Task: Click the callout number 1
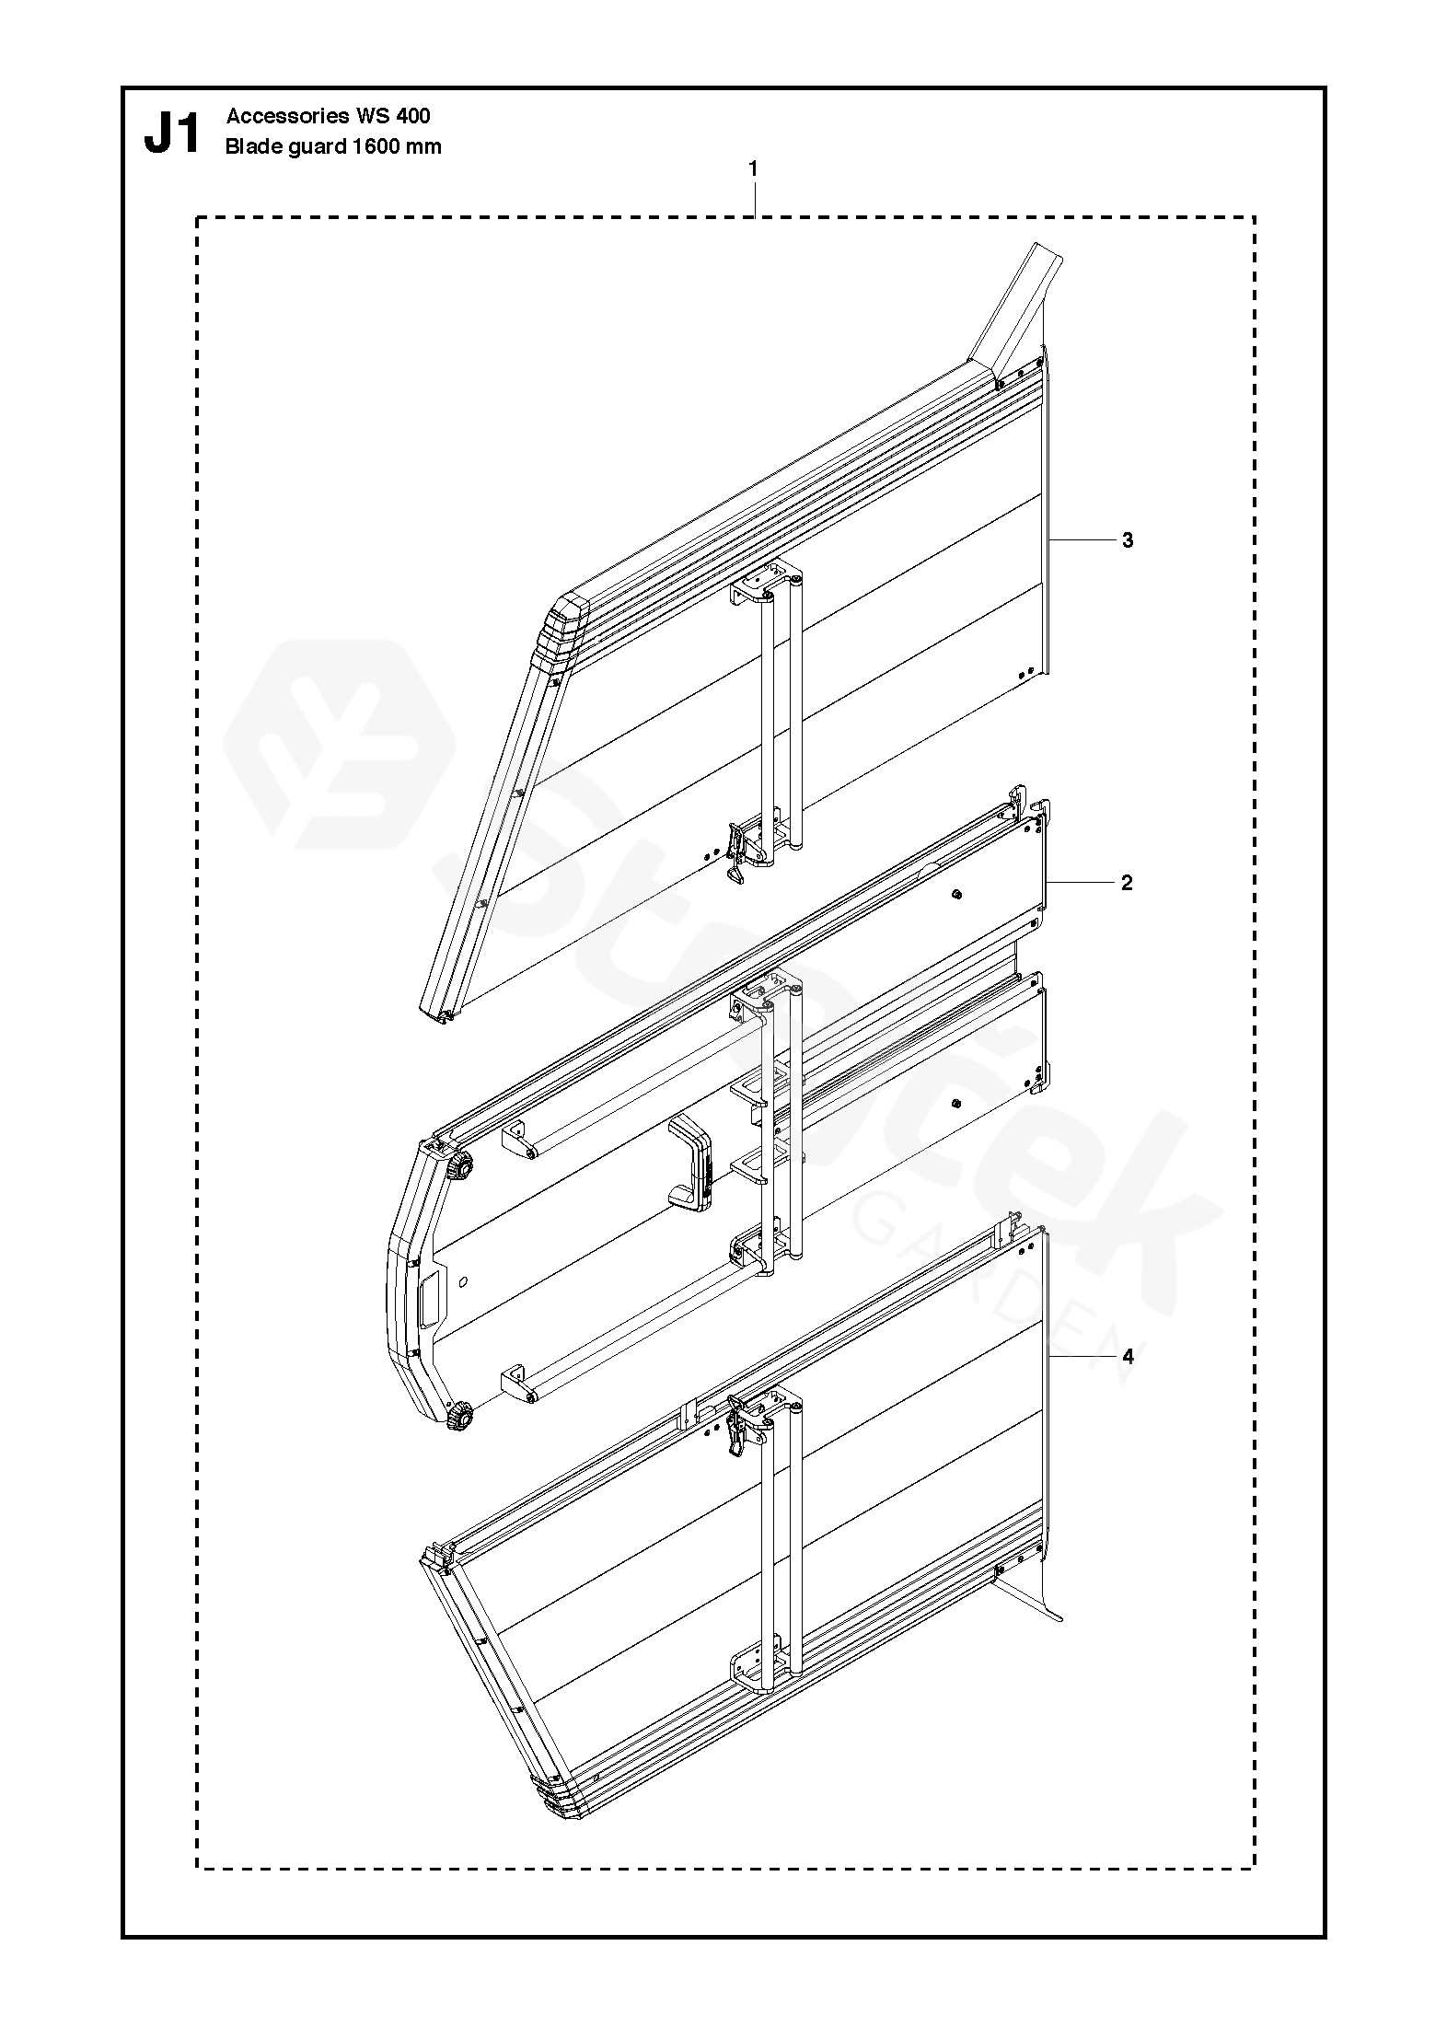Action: point(754,169)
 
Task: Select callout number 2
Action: point(1127,883)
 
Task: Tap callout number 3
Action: point(1128,540)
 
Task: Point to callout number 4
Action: point(1128,1356)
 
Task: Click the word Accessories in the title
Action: point(288,116)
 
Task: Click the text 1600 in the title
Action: point(376,146)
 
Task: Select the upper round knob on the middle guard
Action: point(458,1170)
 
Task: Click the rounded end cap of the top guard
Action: point(564,627)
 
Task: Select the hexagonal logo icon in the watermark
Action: point(341,744)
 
